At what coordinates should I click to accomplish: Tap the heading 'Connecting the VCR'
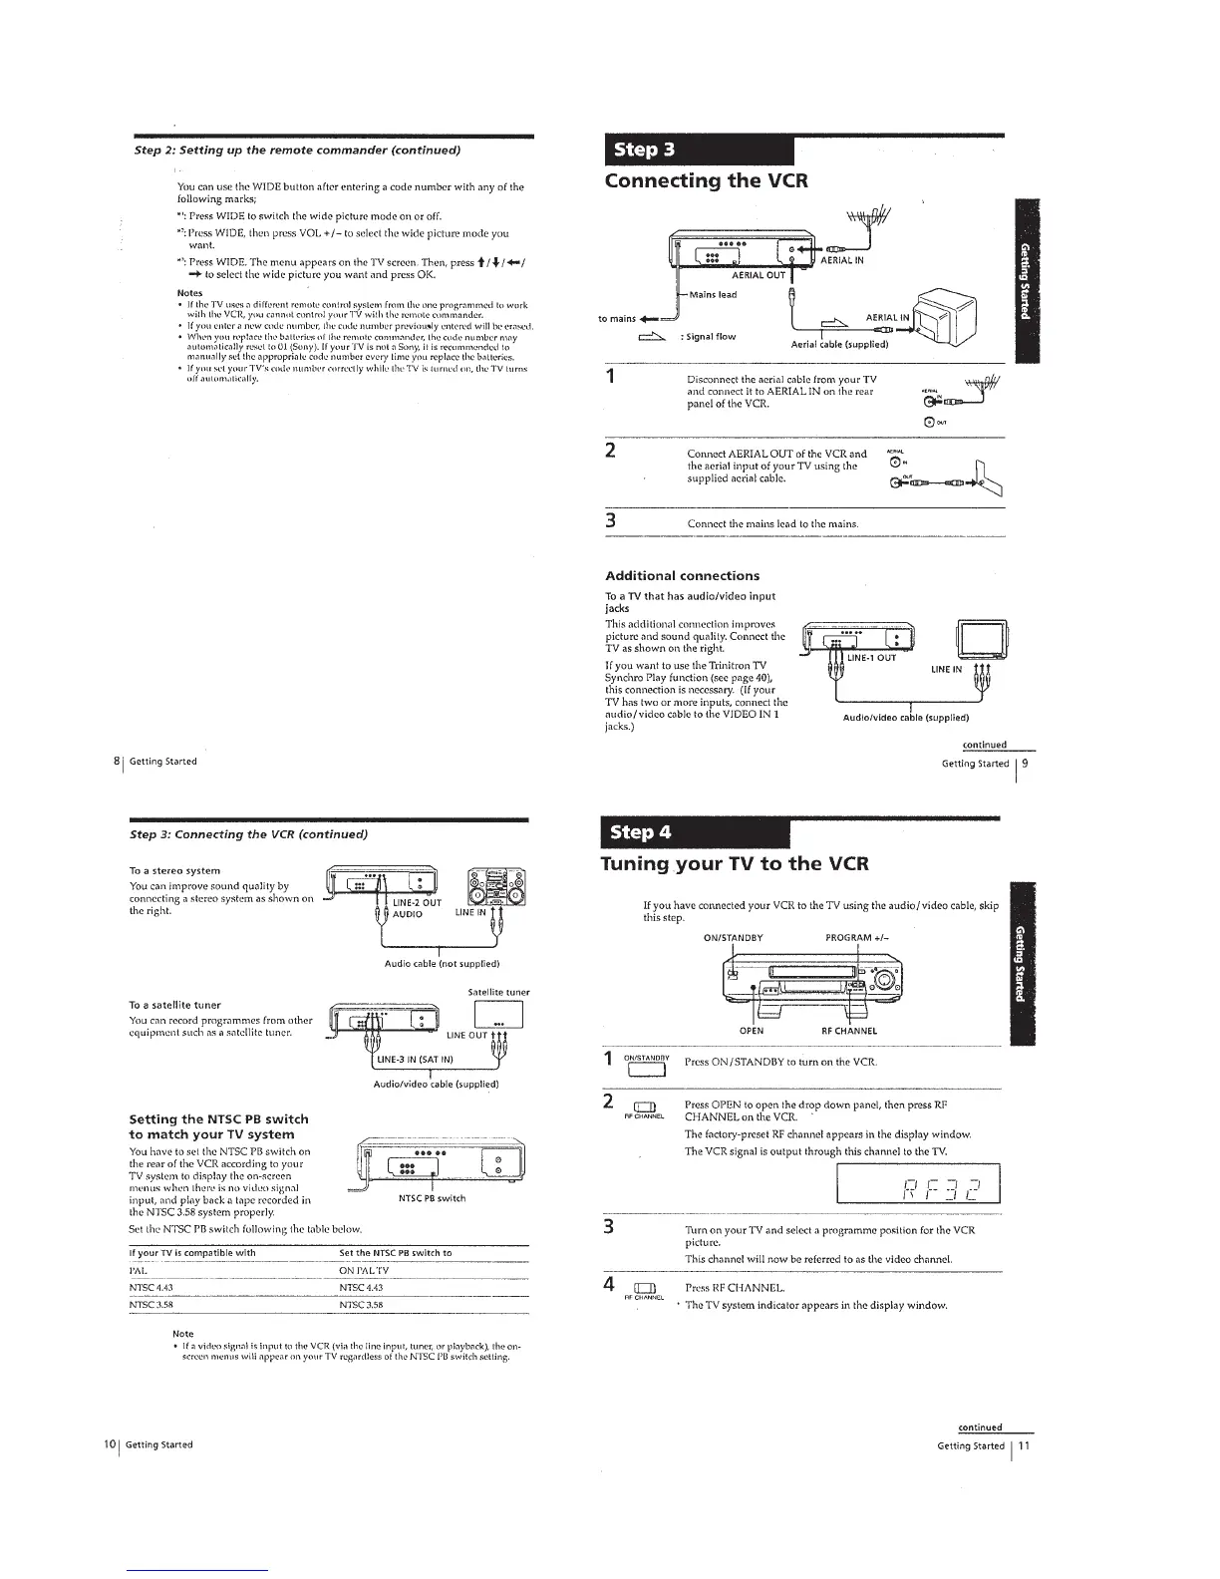706,180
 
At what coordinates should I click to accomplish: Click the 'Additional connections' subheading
682,575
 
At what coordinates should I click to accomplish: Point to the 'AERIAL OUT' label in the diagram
759,275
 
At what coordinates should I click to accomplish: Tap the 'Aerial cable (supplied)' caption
839,345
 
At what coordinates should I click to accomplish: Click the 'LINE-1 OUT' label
871,657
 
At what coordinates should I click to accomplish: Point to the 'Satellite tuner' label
498,992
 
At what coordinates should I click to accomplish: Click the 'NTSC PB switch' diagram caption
431,1198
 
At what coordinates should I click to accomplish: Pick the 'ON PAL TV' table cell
364,1270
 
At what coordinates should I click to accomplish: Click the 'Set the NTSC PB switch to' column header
396,1252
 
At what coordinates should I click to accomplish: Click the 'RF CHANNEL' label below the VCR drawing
848,1031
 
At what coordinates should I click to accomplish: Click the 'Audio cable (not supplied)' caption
442,964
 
